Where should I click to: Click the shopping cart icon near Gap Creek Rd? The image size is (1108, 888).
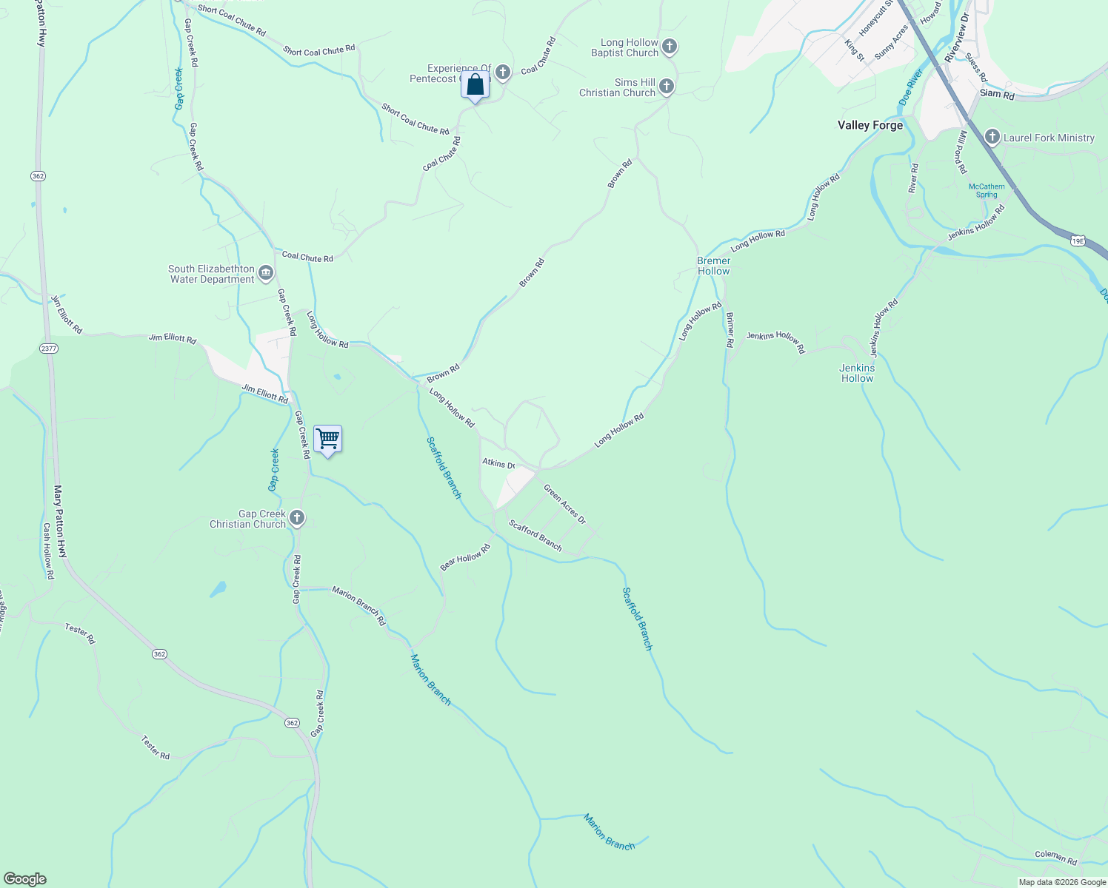(327, 439)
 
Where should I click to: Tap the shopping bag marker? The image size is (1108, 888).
(475, 85)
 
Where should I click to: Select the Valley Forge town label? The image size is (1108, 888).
(870, 125)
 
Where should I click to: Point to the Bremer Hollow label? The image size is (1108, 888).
(713, 266)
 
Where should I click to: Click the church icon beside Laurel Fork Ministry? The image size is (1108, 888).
(992, 137)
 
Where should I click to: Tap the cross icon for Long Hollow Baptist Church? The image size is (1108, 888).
(669, 47)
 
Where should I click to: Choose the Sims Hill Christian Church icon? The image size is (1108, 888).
(666, 87)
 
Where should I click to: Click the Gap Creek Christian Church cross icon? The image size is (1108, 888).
(297, 518)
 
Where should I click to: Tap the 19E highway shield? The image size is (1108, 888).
(1078, 240)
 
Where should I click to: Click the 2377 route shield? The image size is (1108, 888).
(49, 349)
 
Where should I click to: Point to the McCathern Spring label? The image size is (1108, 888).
(987, 190)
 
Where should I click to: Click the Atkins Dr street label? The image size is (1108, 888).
(498, 464)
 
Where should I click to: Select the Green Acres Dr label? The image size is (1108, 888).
(564, 504)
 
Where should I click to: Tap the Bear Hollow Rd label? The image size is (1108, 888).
(465, 557)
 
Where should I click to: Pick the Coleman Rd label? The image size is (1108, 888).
(1055, 857)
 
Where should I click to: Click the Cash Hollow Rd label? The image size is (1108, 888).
(48, 551)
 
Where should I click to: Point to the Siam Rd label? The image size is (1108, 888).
(997, 94)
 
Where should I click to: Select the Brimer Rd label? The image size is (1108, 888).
(730, 330)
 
